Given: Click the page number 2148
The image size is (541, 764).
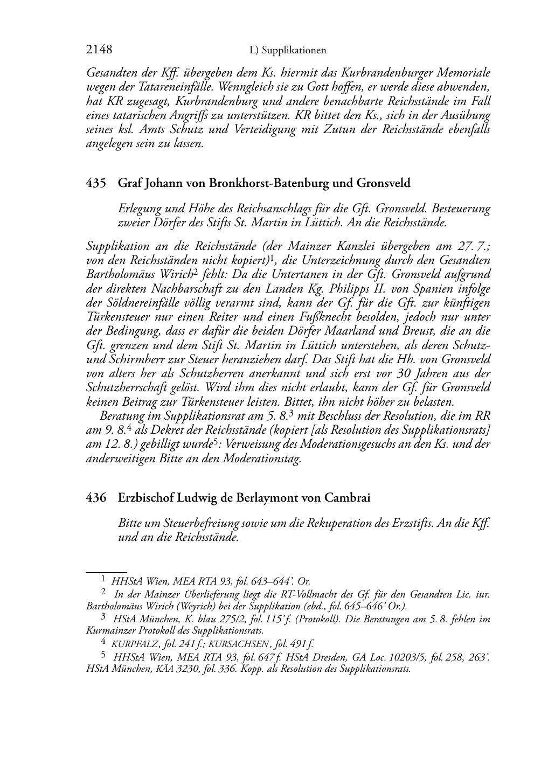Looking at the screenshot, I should (99, 50).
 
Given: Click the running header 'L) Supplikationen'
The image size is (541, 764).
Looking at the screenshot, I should (288, 51).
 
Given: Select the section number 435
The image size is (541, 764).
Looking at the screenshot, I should (96, 183).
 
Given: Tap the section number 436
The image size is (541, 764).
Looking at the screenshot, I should (96, 498).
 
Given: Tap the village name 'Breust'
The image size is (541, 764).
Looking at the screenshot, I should (432, 331).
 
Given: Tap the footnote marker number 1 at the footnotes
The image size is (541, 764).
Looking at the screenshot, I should (103, 580).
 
